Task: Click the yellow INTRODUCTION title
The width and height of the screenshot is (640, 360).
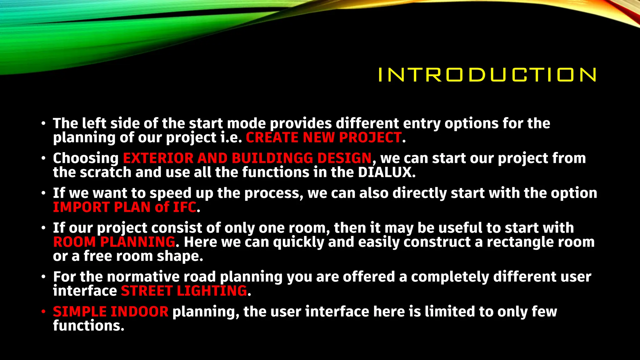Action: (487, 75)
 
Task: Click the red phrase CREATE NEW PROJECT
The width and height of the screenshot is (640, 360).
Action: (323, 138)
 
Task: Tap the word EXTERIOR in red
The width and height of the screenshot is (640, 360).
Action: (158, 158)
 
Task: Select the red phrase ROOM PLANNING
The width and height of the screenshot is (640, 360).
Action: (114, 242)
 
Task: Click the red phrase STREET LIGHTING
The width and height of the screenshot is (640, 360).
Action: (184, 291)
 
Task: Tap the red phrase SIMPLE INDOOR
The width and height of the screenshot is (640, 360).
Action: (111, 312)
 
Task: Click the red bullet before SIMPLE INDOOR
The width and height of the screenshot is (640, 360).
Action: (43, 312)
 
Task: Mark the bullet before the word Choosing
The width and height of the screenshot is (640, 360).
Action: (43, 158)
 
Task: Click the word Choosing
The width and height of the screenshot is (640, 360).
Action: (86, 158)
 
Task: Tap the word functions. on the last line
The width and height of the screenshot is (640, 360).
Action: (88, 326)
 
